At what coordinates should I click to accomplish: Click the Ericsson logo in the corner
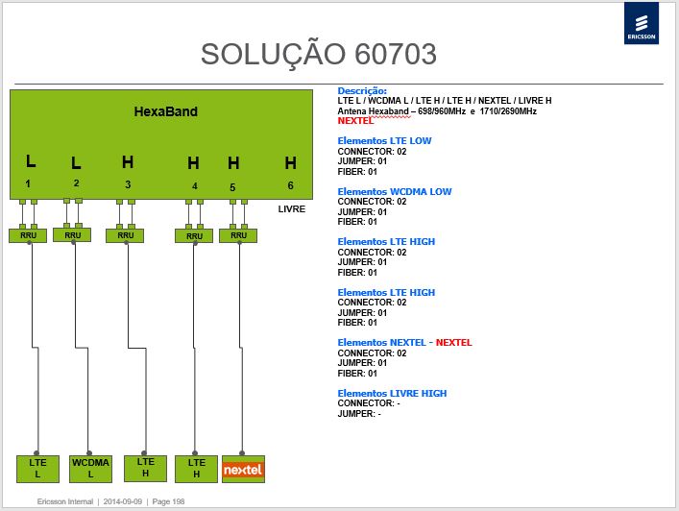tap(642, 23)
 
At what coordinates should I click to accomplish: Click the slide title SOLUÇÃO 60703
tap(319, 54)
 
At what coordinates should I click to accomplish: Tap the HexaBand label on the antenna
tap(166, 111)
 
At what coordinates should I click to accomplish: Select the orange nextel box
tap(243, 469)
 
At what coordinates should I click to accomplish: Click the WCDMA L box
tap(90, 469)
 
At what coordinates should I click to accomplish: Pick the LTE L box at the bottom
tap(37, 469)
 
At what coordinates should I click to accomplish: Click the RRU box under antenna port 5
tap(238, 235)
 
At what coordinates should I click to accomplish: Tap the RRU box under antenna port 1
tap(28, 235)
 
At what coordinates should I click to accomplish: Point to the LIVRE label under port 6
tap(291, 209)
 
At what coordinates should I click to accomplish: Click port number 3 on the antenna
tap(128, 184)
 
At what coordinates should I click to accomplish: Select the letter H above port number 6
tap(291, 163)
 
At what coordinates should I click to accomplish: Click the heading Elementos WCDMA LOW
tap(395, 191)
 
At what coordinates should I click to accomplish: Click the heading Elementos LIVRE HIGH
tap(392, 393)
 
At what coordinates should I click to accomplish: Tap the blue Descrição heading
tap(362, 91)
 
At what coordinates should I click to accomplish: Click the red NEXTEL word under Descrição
tap(355, 121)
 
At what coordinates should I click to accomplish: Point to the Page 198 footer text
tap(168, 501)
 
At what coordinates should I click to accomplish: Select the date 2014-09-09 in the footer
tap(123, 501)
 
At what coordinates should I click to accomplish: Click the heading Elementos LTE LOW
tap(384, 141)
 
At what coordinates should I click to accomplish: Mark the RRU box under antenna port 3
tap(125, 235)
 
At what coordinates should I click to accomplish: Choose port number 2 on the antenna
tap(76, 183)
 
